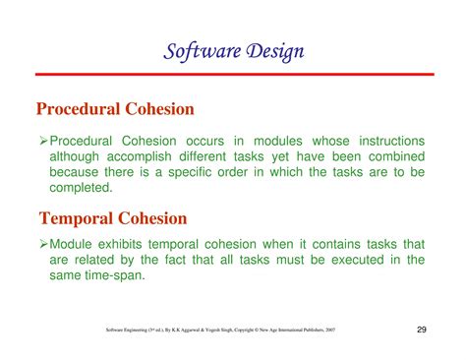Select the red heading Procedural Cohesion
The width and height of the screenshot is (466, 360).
pos(115,107)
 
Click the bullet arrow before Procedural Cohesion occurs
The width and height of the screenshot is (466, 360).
pos(43,142)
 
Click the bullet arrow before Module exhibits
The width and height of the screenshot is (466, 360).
pos(43,243)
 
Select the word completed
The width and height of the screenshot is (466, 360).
pos(83,189)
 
